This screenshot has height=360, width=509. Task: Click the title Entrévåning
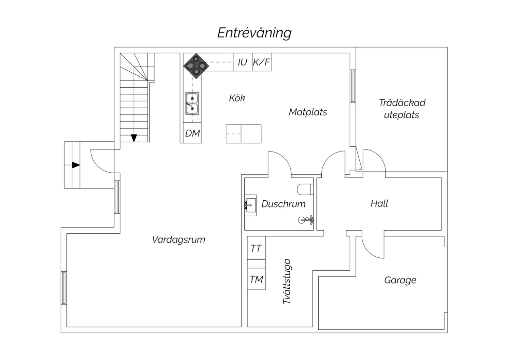(x=254, y=33)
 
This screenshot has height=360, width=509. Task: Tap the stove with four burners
(x=196, y=65)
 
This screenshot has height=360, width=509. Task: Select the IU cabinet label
(x=242, y=62)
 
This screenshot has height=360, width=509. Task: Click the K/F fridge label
(x=262, y=62)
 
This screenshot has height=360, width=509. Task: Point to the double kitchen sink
(x=192, y=103)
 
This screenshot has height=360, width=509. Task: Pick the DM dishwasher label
(x=192, y=133)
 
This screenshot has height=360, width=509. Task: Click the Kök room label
(x=237, y=98)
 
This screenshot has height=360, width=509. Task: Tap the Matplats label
(x=308, y=112)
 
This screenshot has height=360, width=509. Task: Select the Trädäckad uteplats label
(x=402, y=109)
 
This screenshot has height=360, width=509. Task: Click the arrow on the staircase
(x=134, y=138)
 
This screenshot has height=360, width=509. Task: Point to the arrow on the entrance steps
(x=76, y=165)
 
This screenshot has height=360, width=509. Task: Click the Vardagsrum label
(x=178, y=239)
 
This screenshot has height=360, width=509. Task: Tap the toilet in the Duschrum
(x=304, y=189)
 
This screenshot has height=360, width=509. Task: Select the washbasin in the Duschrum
(x=250, y=205)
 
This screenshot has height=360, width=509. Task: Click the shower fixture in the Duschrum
(x=307, y=220)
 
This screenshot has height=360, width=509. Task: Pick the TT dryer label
(x=256, y=249)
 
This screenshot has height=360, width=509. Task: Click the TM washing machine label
(x=256, y=280)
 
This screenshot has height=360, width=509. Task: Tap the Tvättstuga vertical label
(x=287, y=282)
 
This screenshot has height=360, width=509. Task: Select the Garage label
(x=400, y=280)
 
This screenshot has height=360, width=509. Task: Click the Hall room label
(x=379, y=203)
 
